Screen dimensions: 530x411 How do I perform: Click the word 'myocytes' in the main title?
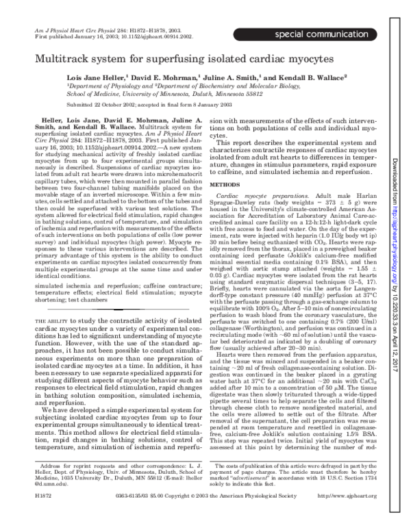[x=353, y=61]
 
